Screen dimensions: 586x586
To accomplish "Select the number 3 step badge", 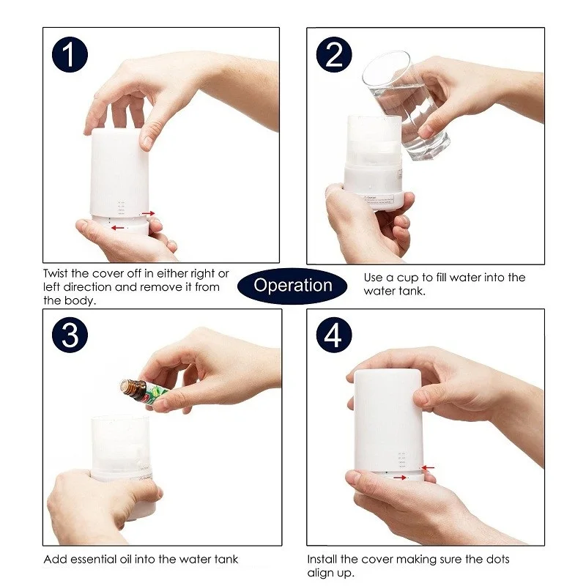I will [x=70, y=335].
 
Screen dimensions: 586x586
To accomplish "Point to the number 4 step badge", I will [x=333, y=335].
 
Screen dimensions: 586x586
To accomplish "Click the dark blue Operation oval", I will [x=293, y=286].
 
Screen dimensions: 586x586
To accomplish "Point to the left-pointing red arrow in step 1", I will [x=117, y=228].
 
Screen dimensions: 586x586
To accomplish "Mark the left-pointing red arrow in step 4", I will [x=428, y=467].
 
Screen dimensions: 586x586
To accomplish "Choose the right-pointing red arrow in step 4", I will [x=399, y=478].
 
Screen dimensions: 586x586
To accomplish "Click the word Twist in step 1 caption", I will [x=57, y=274].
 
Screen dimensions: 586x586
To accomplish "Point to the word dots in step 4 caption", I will [x=495, y=560].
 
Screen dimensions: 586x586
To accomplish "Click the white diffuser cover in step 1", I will [x=121, y=172].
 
